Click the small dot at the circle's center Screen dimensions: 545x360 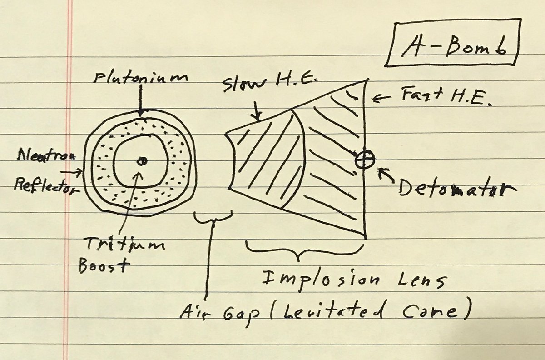coord(142,160)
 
